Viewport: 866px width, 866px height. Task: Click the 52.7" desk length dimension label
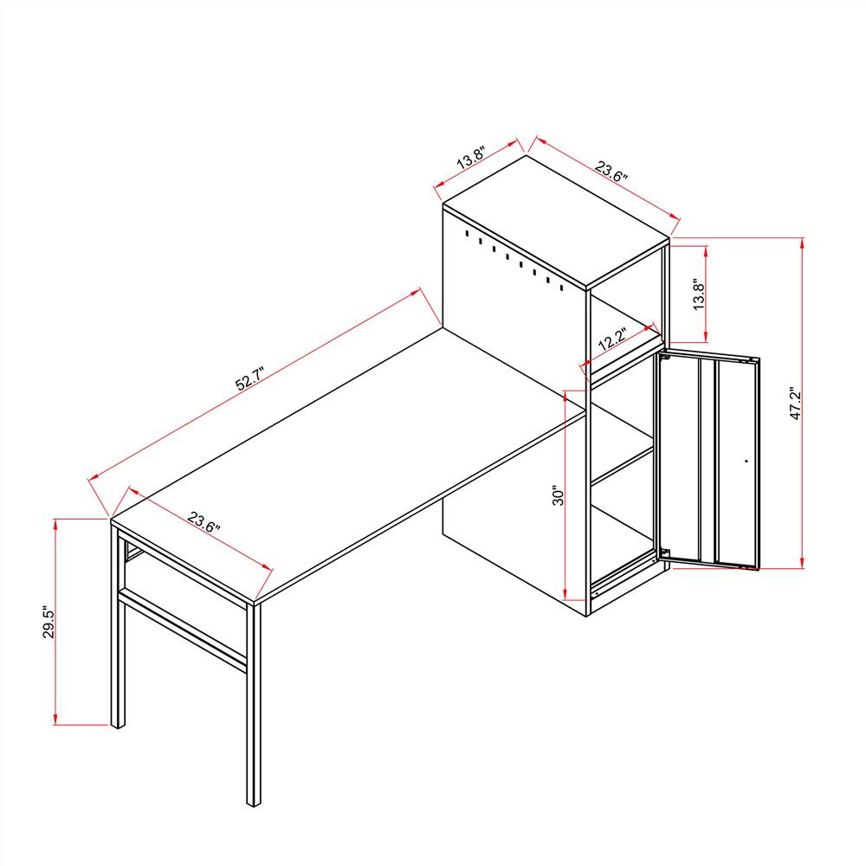tap(250, 378)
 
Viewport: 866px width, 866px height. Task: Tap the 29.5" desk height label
tap(49, 624)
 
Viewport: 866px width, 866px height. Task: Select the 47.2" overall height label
tap(795, 404)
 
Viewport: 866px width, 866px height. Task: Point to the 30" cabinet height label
tap(559, 495)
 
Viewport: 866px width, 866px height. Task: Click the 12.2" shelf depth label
tap(612, 339)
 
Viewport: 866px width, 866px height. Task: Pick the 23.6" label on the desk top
tap(204, 521)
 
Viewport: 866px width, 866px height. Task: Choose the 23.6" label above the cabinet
tap(611, 171)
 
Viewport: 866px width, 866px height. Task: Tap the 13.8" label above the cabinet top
tap(471, 158)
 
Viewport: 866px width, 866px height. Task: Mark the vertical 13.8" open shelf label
tap(699, 294)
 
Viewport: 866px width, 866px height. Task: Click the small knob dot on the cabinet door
tap(746, 461)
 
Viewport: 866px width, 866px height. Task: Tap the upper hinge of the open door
tap(664, 356)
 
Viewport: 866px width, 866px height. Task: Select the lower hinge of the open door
tap(664, 553)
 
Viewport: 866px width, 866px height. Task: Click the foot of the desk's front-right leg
tap(254, 804)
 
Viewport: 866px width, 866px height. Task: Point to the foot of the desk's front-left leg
tap(118, 725)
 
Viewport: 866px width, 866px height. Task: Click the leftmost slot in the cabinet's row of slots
tap(467, 234)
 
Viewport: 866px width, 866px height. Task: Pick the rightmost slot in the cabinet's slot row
tap(561, 288)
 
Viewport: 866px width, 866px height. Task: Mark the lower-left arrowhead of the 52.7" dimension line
tap(94, 476)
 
